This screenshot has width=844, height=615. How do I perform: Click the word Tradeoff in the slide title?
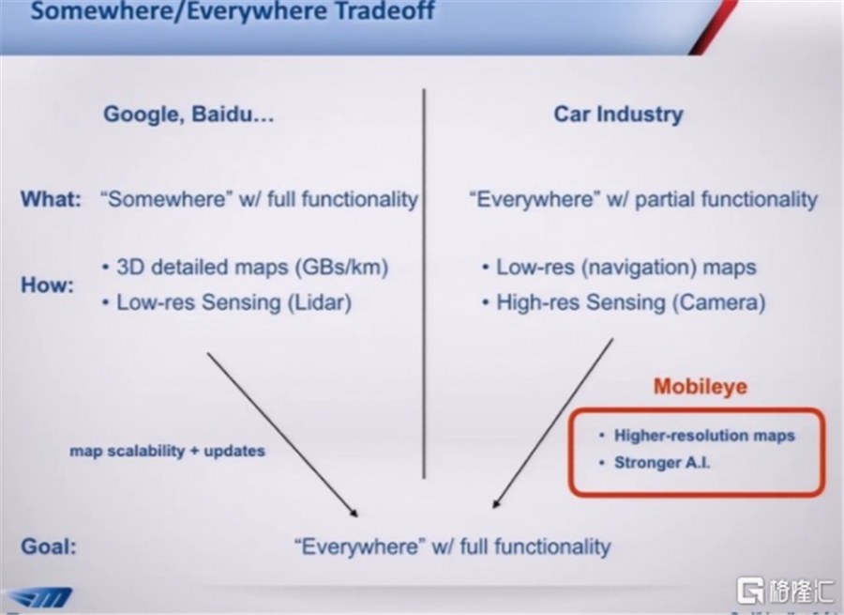point(384,10)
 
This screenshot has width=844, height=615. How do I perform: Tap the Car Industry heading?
point(619,115)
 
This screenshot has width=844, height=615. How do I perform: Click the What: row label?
point(51,199)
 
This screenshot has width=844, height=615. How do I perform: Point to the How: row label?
point(48,284)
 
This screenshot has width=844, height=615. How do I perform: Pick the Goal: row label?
point(49,546)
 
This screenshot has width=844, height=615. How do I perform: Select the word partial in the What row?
point(665,200)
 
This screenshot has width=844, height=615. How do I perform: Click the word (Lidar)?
point(320,302)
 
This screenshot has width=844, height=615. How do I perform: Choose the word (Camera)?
point(718,302)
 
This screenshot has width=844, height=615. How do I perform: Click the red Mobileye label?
point(701,387)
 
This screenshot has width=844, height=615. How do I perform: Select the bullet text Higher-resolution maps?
point(704,436)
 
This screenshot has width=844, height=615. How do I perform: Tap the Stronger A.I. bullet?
point(662,463)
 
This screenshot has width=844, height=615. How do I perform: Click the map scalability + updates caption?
point(168,451)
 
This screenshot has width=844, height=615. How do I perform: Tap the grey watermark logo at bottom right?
point(785,591)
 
